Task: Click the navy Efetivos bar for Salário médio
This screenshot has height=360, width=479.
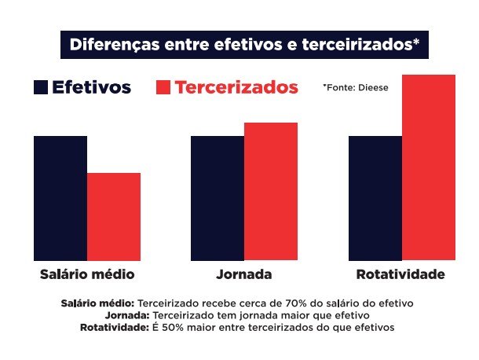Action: click(x=60, y=198)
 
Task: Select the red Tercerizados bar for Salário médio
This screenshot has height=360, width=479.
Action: click(x=114, y=217)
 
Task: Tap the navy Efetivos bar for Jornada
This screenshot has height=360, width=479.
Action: click(x=218, y=198)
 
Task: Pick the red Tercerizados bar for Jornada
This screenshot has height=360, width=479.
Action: click(x=271, y=192)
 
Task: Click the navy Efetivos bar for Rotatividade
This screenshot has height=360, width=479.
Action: click(x=375, y=198)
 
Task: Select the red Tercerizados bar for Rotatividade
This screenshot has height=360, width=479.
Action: click(x=429, y=167)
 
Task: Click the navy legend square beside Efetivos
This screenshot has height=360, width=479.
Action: click(x=41, y=87)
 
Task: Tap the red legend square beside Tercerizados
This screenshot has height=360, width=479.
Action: click(x=163, y=87)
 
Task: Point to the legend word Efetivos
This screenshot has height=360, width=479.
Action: click(x=91, y=87)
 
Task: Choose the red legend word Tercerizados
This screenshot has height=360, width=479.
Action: click(x=236, y=87)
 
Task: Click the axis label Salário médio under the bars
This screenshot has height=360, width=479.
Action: click(x=87, y=275)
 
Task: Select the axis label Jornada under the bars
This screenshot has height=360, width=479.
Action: click(x=244, y=275)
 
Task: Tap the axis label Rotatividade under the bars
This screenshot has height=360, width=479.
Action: click(x=400, y=275)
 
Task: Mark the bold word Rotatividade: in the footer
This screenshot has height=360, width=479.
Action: click(x=114, y=326)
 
